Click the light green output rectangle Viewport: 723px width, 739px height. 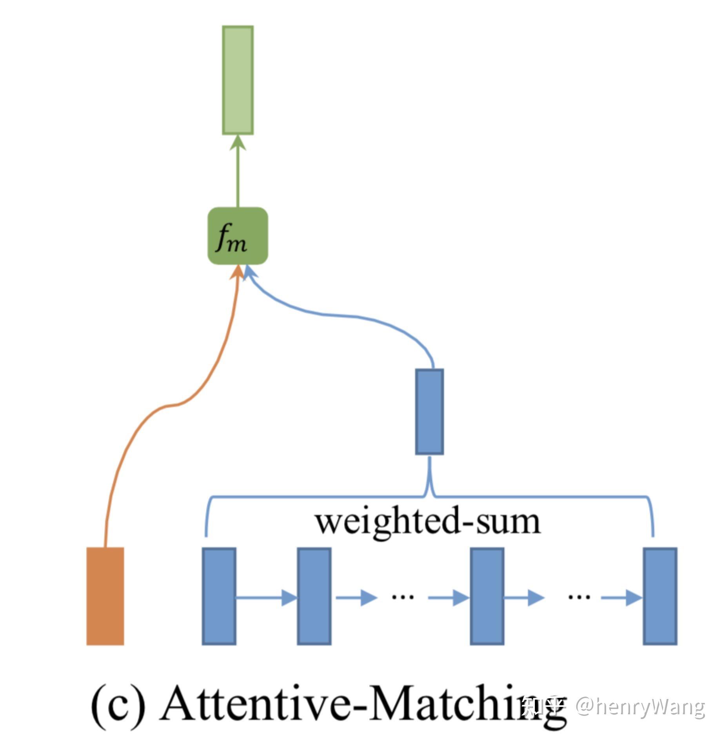click(238, 80)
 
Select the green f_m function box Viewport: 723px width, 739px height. click(238, 236)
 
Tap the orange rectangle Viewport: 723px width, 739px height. click(105, 596)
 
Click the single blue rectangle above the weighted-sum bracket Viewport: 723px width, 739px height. click(429, 411)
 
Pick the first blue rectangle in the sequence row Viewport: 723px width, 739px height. click(219, 596)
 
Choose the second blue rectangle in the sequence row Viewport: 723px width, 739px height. click(314, 596)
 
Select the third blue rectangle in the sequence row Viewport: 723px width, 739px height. click(487, 596)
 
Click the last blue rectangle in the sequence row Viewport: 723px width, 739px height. click(660, 596)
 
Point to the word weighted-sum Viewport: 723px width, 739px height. click(428, 522)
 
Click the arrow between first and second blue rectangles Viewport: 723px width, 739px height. click(267, 598)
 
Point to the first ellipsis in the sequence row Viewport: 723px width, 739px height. click(403, 597)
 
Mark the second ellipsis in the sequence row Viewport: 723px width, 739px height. click(579, 597)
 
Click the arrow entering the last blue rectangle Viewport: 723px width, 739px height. click(621, 598)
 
